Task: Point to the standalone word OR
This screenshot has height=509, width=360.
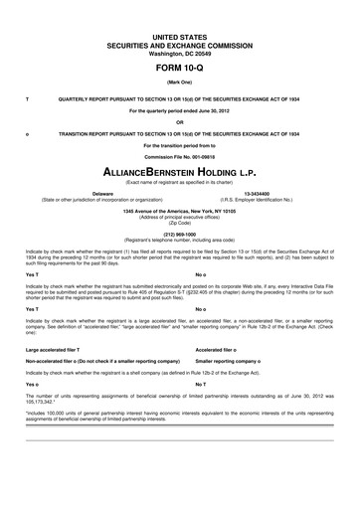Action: [179, 122]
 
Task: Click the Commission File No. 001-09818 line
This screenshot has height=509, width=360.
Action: [179, 157]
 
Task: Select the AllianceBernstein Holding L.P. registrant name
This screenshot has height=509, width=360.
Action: [179, 173]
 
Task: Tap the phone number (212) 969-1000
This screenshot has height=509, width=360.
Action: [179, 234]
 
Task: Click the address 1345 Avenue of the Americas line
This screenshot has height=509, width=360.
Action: [179, 211]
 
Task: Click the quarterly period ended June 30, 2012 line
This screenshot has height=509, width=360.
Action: [179, 110]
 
